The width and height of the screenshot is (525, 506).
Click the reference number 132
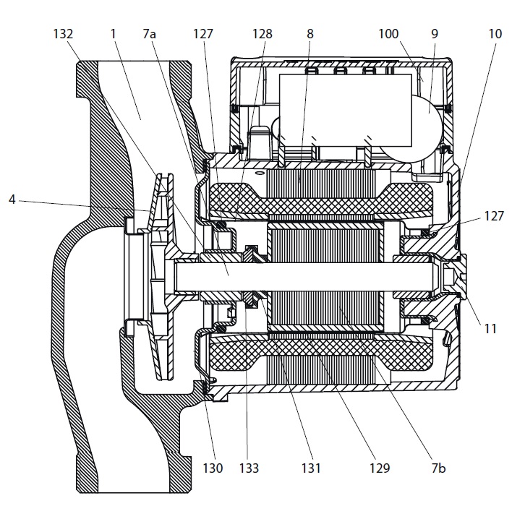(x=63, y=34)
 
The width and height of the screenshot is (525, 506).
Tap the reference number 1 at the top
(x=113, y=34)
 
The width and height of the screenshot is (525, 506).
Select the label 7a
(x=150, y=34)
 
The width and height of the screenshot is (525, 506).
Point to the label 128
(x=262, y=34)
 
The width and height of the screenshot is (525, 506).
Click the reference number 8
(x=310, y=34)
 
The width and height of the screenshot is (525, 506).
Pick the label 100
(x=388, y=34)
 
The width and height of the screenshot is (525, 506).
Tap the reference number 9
(x=435, y=34)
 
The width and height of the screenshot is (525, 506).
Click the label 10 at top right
(x=495, y=34)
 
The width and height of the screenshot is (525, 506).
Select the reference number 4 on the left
(x=12, y=200)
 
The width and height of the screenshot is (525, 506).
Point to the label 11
(x=490, y=328)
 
